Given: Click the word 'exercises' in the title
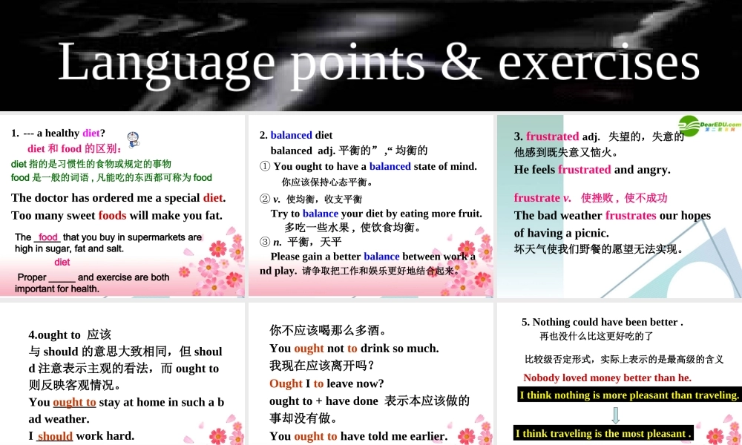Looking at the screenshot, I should tap(599, 61).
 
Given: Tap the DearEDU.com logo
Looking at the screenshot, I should tap(709, 126).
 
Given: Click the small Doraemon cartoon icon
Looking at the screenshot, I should tap(134, 139).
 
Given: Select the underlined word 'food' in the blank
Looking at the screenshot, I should tap(48, 237).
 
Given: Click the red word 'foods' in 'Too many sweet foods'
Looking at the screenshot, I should tap(112, 216).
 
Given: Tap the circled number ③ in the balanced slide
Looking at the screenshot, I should tap(265, 242).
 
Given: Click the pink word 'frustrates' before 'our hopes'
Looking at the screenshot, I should tap(631, 216).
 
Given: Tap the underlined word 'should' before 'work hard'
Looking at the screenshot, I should tap(55, 436).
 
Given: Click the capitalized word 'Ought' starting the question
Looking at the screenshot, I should tap(286, 383).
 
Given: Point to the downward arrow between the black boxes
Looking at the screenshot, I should tap(615, 415).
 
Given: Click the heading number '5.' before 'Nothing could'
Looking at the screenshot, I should tap(526, 322).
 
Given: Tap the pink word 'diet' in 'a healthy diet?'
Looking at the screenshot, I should tap(91, 133).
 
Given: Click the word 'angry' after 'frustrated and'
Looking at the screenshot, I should tap(653, 170).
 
